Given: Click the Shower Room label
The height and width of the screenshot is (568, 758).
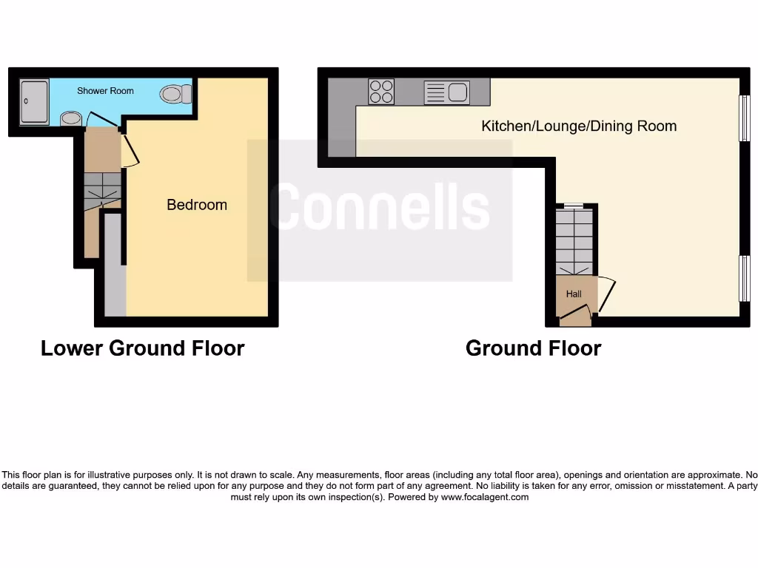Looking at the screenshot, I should pyautogui.click(x=105, y=91).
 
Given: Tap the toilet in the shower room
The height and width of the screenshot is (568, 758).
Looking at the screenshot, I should pyautogui.click(x=175, y=94).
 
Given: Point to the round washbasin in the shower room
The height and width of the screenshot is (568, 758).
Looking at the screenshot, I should pyautogui.click(x=70, y=118).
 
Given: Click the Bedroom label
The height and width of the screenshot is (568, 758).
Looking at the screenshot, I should pyautogui.click(x=197, y=205).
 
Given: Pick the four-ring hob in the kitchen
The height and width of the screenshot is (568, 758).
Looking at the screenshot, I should pyautogui.click(x=381, y=92).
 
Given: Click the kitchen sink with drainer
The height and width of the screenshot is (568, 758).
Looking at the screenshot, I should pyautogui.click(x=446, y=92).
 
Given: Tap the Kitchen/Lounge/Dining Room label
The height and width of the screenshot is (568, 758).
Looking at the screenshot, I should pyautogui.click(x=579, y=126).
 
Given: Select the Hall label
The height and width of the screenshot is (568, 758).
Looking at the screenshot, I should pyautogui.click(x=574, y=294).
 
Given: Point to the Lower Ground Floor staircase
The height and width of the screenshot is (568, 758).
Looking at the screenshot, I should pyautogui.click(x=101, y=191).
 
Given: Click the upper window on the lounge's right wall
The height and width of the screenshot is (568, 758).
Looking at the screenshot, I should pyautogui.click(x=745, y=118).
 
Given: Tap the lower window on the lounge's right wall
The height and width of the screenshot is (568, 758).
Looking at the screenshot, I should pyautogui.click(x=745, y=278).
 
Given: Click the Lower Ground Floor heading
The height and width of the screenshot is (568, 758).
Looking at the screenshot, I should pyautogui.click(x=142, y=348).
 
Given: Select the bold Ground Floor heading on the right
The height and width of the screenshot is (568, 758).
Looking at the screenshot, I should pyautogui.click(x=533, y=348).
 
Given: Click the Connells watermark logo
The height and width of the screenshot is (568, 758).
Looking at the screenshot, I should pyautogui.click(x=379, y=209).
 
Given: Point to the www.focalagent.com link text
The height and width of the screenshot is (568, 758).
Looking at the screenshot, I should pyautogui.click(x=485, y=498).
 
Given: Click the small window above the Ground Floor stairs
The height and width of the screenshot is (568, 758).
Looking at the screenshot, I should pyautogui.click(x=574, y=205).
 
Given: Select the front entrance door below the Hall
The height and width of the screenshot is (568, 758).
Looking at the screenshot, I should pyautogui.click(x=575, y=319).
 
